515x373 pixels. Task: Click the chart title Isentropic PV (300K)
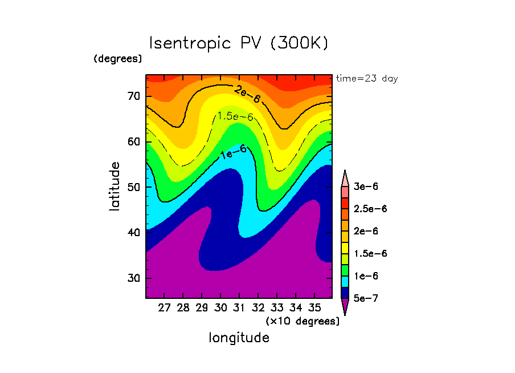[x=239, y=43]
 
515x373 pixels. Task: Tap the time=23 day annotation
[x=367, y=79]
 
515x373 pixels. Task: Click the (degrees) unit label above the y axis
[x=118, y=59]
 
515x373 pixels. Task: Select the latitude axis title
[x=115, y=186]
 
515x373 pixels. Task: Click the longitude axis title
[x=239, y=338]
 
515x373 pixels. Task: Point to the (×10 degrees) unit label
[x=303, y=321]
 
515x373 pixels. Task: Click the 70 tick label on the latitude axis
[x=134, y=96]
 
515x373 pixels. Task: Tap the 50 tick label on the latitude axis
[x=134, y=187]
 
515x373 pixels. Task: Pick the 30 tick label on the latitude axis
[x=134, y=278]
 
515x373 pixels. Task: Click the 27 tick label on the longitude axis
[x=164, y=308]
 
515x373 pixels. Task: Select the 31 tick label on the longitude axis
[x=239, y=308]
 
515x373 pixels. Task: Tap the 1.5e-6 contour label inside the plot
[x=235, y=116]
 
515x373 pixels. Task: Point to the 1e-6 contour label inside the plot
[x=234, y=151]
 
